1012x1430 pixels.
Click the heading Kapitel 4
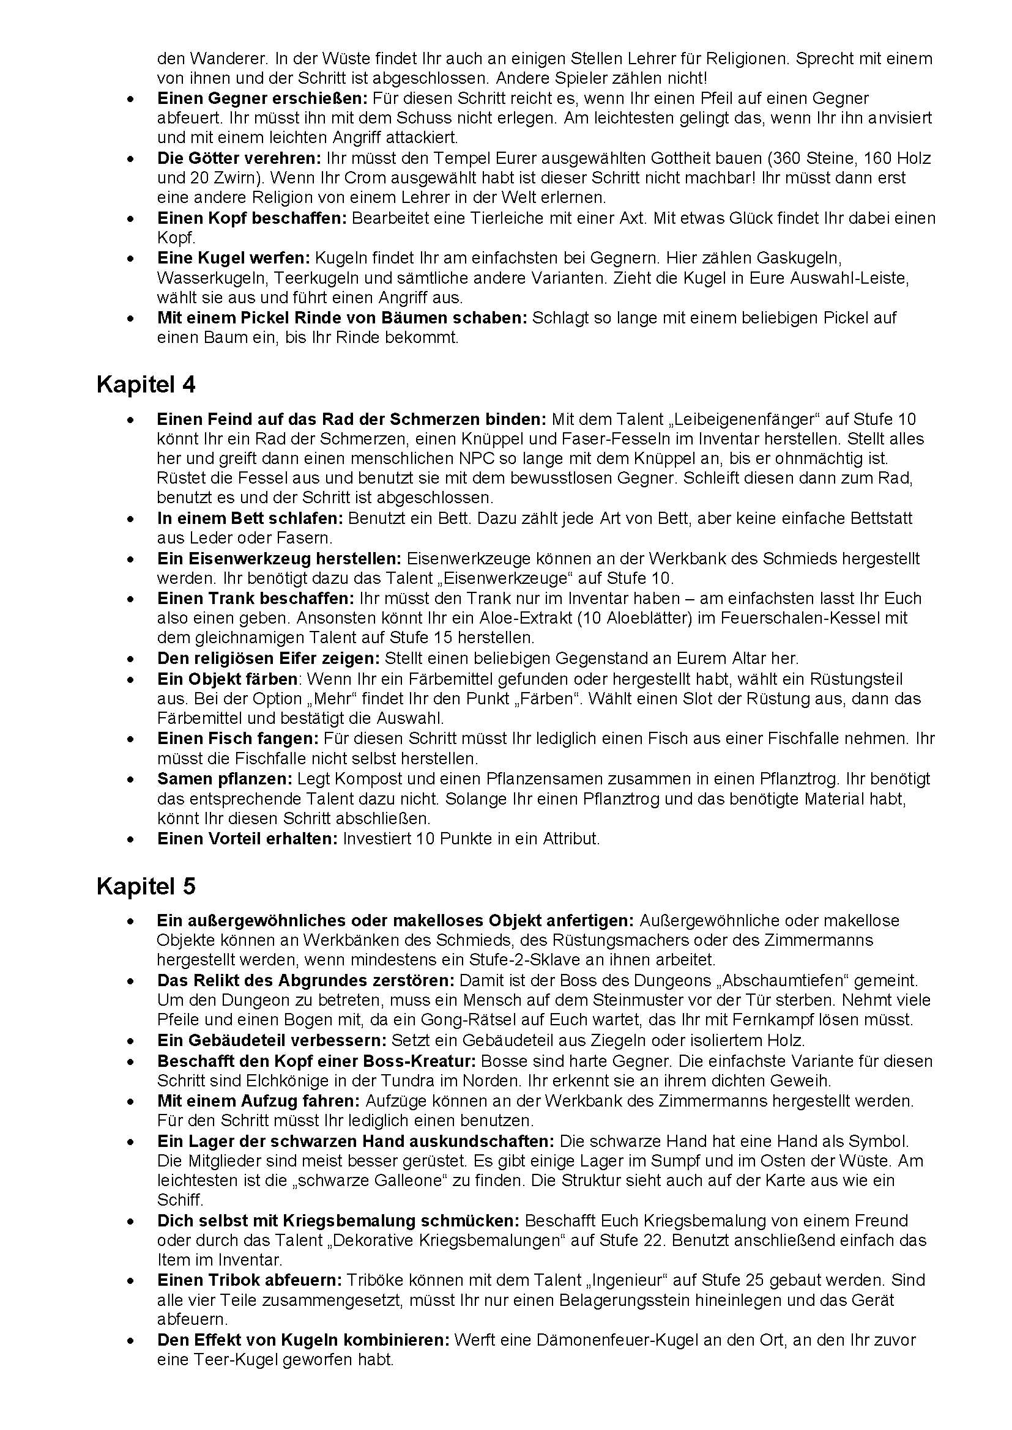pos(146,385)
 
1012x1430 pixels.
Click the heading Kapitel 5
pos(146,886)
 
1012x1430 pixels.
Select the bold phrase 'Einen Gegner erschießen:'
pos(262,98)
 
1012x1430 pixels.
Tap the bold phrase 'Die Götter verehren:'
pos(239,158)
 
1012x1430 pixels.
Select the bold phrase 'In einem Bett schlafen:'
pos(250,518)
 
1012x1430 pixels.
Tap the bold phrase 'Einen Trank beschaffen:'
pos(256,599)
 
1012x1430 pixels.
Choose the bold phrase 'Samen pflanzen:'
pos(225,778)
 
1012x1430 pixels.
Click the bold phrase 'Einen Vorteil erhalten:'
pos(247,839)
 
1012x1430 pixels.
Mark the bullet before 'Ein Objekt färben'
pos(130,679)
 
